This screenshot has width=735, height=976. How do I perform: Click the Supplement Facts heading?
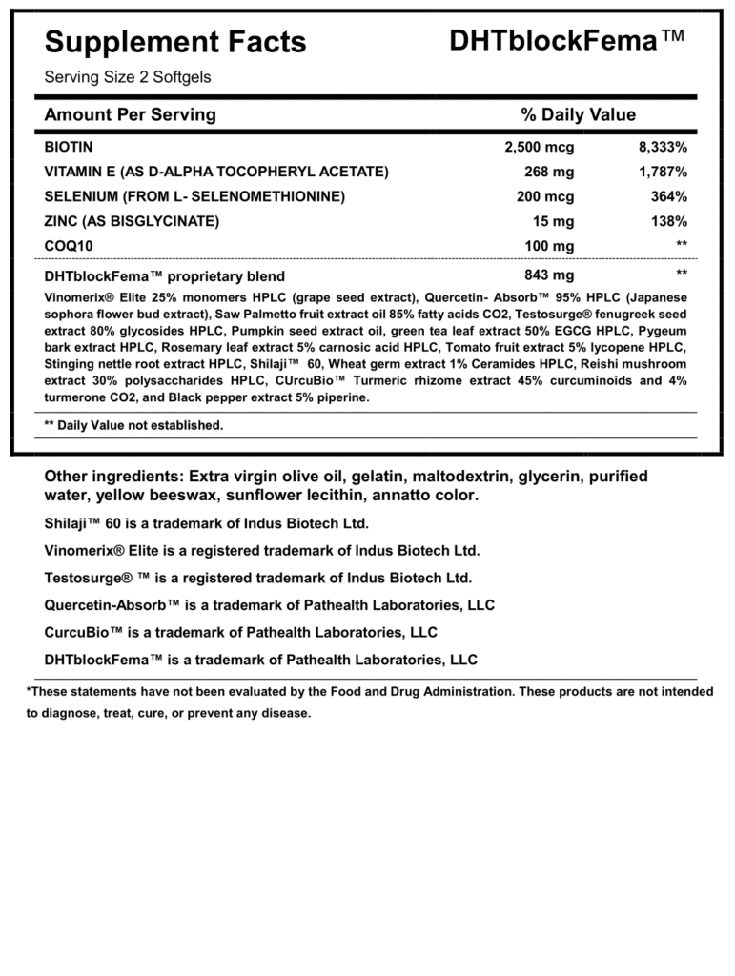(175, 41)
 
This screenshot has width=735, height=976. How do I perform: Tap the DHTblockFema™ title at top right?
(566, 40)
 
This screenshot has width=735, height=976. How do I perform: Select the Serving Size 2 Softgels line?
(128, 77)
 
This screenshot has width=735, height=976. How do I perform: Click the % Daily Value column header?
(578, 114)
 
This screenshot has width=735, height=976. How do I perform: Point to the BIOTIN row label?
(69, 148)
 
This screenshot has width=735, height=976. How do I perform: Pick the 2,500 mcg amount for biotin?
(539, 148)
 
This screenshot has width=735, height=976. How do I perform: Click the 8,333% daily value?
(663, 148)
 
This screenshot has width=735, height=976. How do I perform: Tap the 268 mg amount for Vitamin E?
(549, 173)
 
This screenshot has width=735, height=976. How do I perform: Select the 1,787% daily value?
(663, 173)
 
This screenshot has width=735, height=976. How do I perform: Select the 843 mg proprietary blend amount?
(549, 275)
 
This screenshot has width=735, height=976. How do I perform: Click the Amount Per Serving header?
(131, 114)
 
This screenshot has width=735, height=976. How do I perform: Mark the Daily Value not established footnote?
(133, 425)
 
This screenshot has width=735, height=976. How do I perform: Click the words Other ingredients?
(114, 476)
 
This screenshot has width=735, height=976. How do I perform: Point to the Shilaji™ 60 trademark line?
(206, 523)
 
